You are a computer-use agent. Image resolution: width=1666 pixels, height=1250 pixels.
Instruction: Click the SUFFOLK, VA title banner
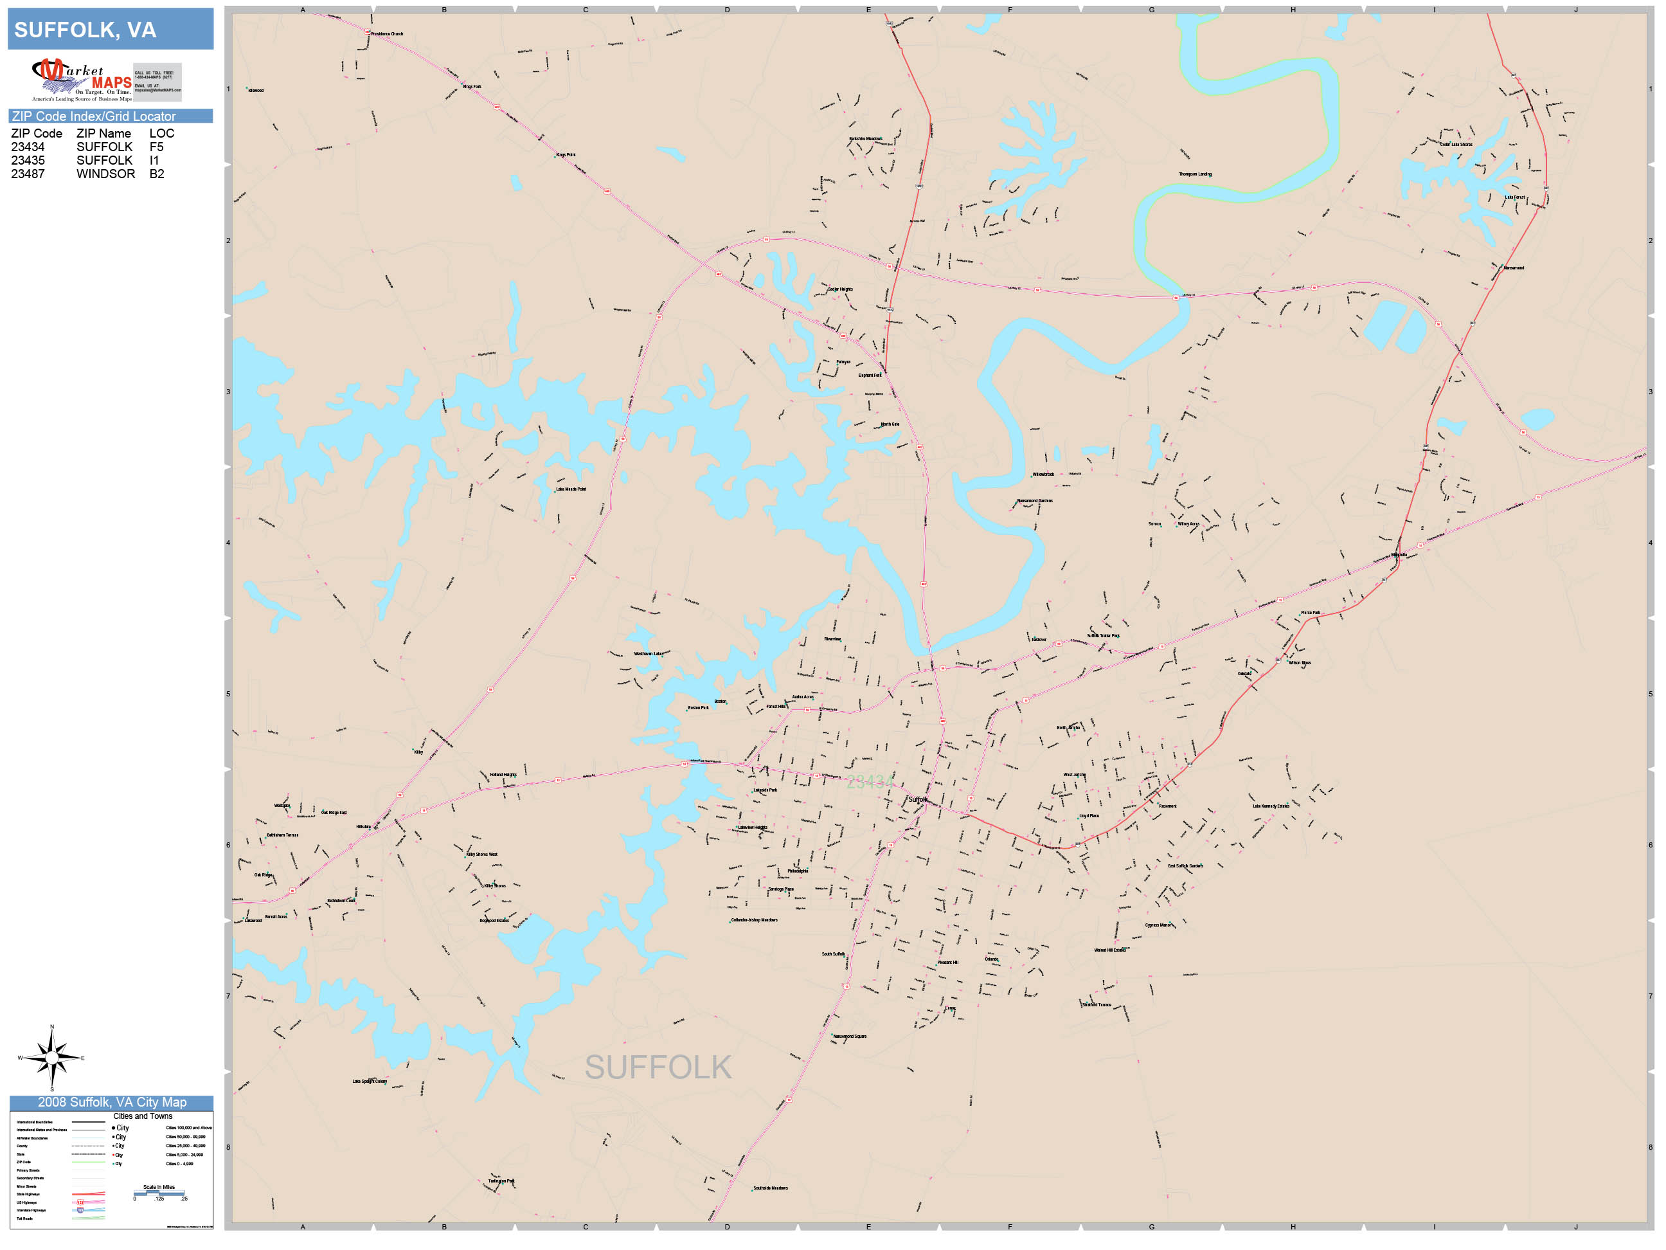tap(110, 30)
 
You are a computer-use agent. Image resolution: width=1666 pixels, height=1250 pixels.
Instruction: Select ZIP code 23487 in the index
tap(28, 174)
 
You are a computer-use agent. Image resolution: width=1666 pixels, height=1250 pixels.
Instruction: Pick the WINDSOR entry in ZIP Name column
tap(105, 174)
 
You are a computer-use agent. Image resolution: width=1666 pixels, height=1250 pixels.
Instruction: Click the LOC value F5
tap(156, 147)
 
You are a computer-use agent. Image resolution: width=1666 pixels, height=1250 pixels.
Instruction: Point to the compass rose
tap(51, 1058)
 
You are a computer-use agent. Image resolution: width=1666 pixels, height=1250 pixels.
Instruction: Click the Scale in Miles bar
tap(159, 1193)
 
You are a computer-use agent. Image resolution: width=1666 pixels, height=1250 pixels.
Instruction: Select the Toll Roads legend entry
tap(25, 1218)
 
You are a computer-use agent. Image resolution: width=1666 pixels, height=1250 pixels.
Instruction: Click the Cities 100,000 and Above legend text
tap(188, 1128)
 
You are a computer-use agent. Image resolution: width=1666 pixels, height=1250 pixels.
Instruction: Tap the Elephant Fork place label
tap(869, 376)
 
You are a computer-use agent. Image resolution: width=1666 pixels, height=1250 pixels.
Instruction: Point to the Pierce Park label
tap(1310, 613)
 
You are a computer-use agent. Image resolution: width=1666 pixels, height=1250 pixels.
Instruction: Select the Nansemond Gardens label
tap(1034, 500)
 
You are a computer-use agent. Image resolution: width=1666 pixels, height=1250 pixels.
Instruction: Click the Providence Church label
tap(386, 34)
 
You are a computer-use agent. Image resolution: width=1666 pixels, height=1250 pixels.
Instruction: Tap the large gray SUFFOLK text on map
tap(658, 1067)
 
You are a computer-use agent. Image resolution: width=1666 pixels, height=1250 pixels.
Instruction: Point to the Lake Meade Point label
tap(570, 489)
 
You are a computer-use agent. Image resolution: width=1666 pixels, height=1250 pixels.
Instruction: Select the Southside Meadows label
tap(770, 1188)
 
